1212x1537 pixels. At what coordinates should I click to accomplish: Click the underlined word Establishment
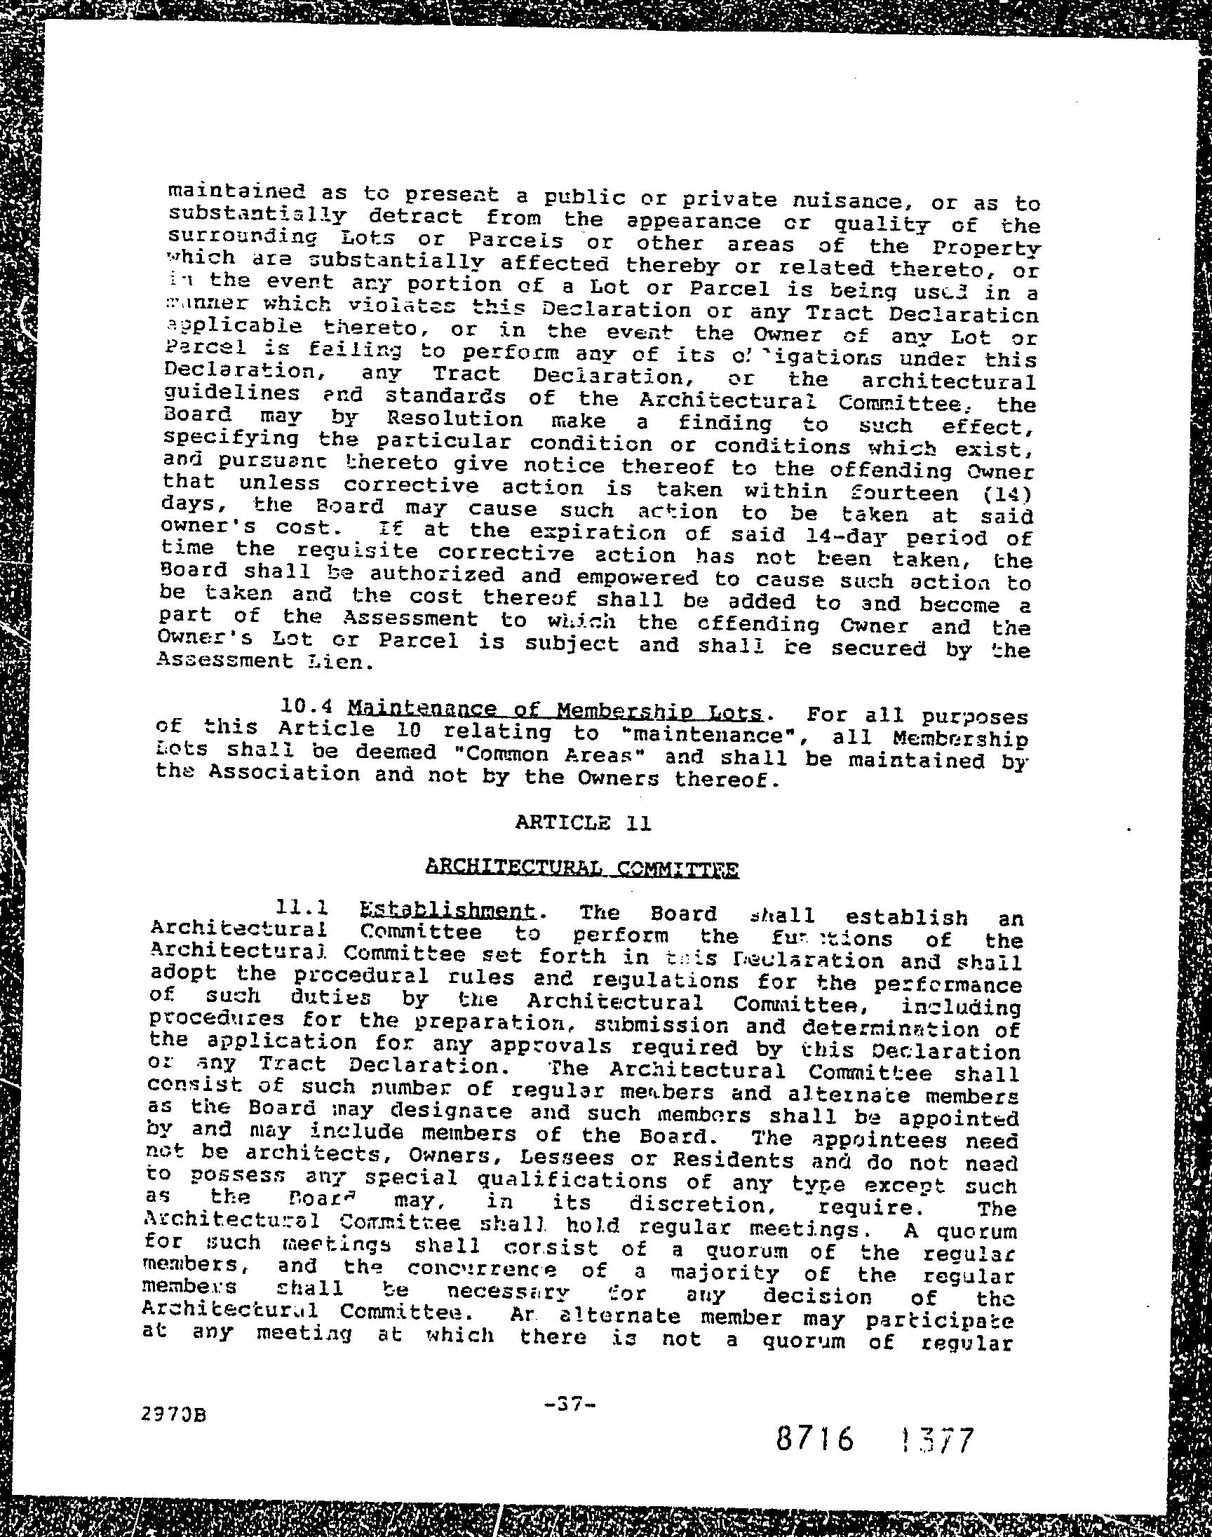(x=447, y=910)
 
